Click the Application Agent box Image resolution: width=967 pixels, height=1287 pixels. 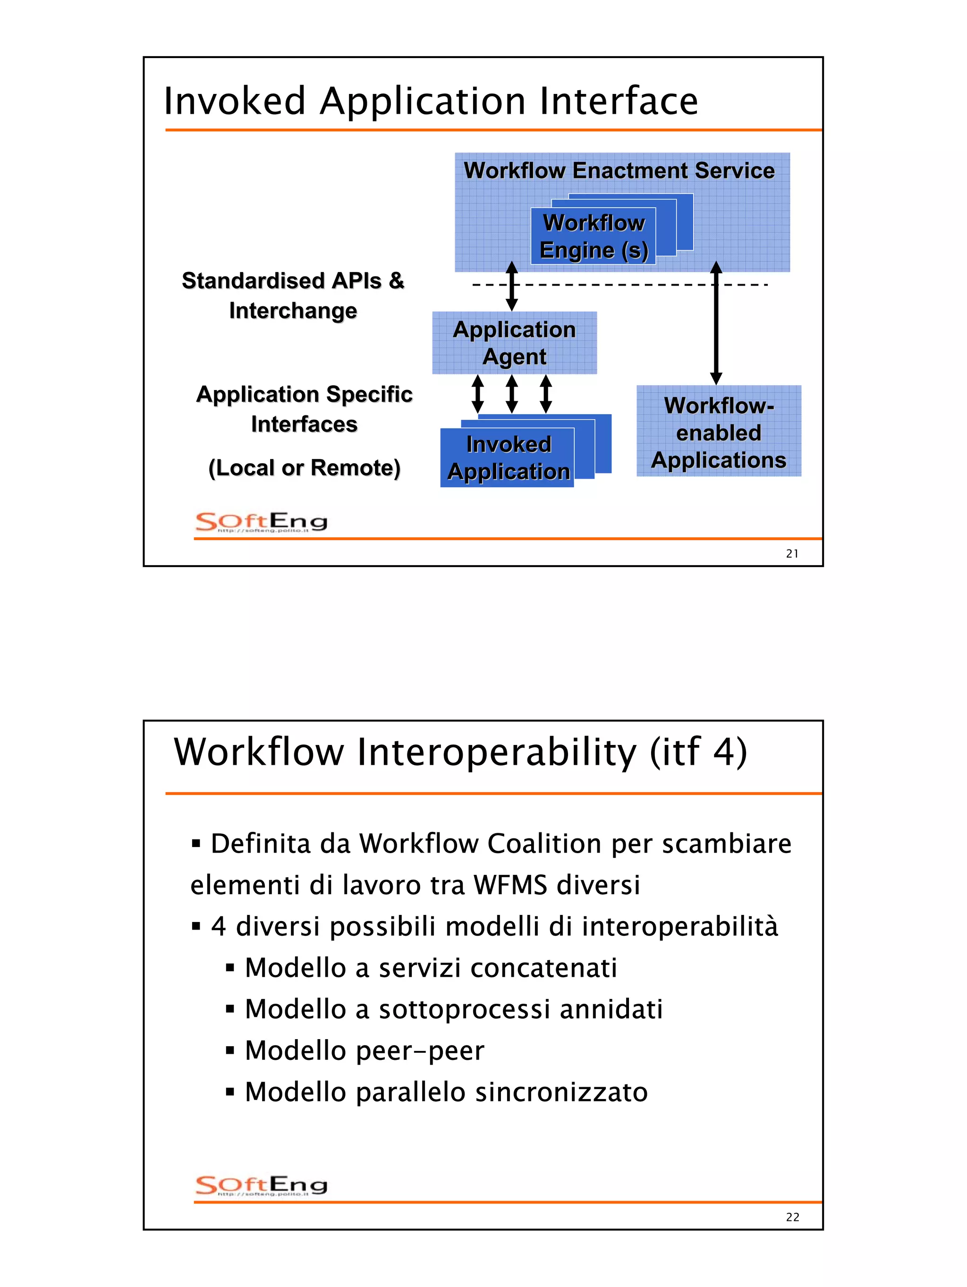[x=514, y=343]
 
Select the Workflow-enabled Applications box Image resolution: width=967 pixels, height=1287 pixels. [x=718, y=432]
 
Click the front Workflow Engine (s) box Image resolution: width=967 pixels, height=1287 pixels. [x=593, y=236]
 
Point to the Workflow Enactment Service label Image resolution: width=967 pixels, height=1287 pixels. [x=619, y=170]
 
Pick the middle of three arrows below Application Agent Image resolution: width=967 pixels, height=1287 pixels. [x=511, y=394]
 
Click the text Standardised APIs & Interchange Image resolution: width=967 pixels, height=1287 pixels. [x=293, y=295]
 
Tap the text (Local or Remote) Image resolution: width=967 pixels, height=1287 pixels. [x=304, y=467]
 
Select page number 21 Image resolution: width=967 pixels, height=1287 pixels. [x=791, y=553]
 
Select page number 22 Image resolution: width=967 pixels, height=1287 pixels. [x=791, y=1217]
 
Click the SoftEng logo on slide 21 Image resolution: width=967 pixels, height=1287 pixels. [x=261, y=522]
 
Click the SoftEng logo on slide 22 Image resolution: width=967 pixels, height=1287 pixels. [x=261, y=1185]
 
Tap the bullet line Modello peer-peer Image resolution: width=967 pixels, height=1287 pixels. [x=364, y=1050]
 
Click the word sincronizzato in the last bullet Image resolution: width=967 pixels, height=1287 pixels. [x=561, y=1092]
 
